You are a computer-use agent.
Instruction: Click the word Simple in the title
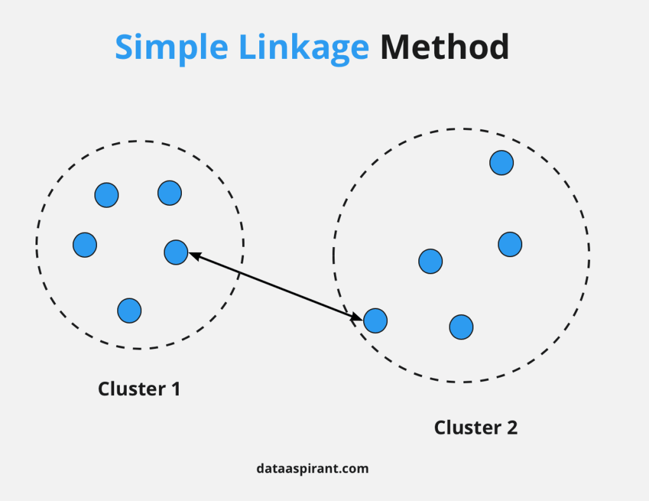click(x=171, y=48)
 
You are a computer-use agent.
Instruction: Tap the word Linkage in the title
click(x=304, y=48)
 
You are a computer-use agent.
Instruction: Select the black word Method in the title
click(x=444, y=47)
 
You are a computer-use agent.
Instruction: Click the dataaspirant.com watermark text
click(x=312, y=469)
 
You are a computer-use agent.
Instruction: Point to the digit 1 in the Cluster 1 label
click(x=176, y=389)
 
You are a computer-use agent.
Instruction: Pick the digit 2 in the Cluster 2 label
click(x=512, y=428)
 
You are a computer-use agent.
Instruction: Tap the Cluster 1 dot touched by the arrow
click(x=176, y=252)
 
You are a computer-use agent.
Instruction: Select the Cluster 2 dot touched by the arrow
click(x=375, y=320)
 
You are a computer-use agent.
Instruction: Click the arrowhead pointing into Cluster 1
click(x=195, y=256)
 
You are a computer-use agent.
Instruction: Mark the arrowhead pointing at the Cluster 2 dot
click(x=357, y=317)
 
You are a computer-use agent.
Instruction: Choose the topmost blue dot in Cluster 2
click(x=502, y=163)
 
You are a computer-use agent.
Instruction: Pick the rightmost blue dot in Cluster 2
click(x=510, y=244)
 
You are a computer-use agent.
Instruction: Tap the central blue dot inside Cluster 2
click(x=430, y=262)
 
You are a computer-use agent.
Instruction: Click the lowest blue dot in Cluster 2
click(x=461, y=327)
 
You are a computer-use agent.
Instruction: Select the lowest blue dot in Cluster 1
click(x=129, y=311)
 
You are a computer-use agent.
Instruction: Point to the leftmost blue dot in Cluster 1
click(x=85, y=245)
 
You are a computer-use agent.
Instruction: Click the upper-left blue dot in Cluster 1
click(x=106, y=195)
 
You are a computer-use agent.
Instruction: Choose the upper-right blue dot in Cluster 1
click(x=170, y=193)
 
